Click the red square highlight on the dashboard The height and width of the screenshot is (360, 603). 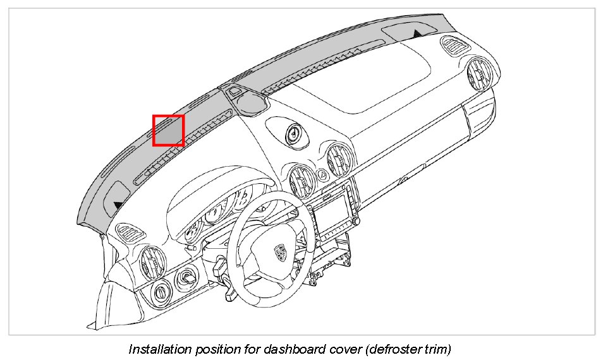(168, 130)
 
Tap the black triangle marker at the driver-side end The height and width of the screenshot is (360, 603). (118, 205)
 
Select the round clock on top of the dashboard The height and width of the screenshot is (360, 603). (293, 133)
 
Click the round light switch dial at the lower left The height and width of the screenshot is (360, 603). (161, 291)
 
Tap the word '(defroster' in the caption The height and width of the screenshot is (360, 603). (381, 349)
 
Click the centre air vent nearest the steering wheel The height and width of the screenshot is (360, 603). (301, 181)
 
